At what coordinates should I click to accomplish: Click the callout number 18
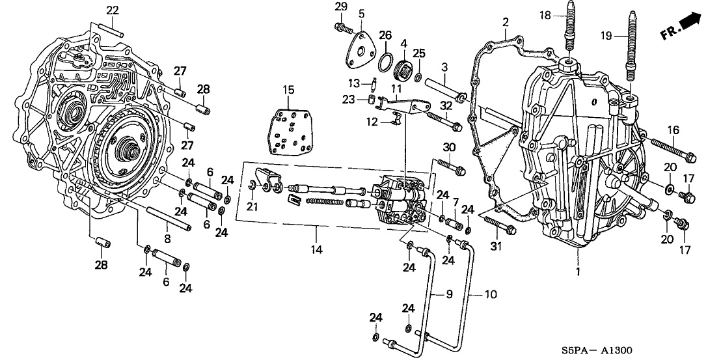point(544,14)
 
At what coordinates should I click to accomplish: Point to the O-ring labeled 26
point(386,61)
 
